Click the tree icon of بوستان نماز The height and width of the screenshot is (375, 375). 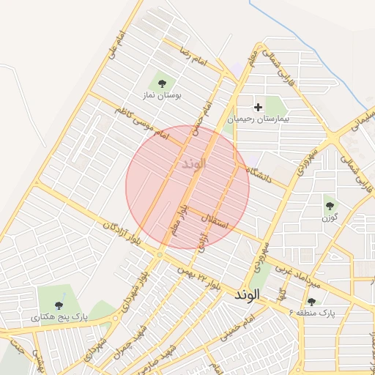coord(162,83)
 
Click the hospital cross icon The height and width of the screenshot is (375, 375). coord(258,107)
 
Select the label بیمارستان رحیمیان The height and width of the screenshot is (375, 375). coord(259,118)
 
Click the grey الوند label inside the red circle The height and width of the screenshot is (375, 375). coord(192,163)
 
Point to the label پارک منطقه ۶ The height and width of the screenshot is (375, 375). coord(312,313)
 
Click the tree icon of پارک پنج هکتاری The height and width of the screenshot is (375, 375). coord(59,305)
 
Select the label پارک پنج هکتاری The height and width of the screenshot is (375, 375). coord(59,318)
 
